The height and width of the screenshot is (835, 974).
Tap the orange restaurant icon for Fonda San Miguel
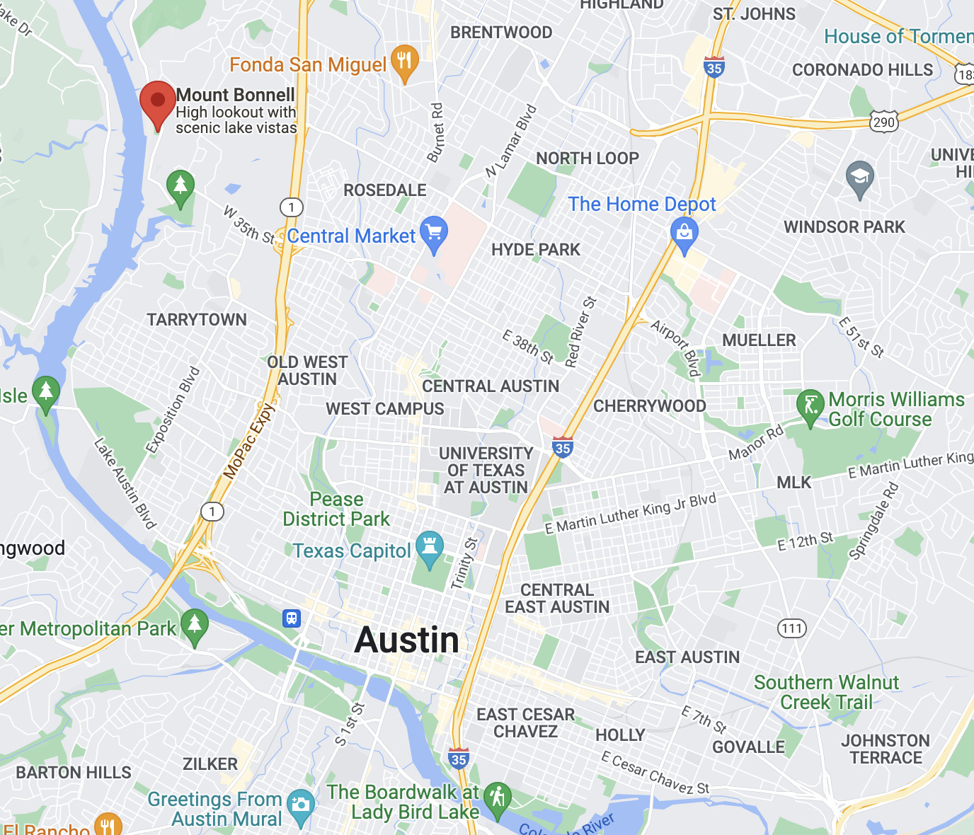point(404,62)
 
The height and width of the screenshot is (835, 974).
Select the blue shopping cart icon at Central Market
point(433,232)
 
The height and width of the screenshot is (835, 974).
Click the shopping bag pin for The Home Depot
point(684,233)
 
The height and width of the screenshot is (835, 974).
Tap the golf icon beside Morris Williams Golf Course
point(810,406)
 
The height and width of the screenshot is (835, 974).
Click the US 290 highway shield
point(883,122)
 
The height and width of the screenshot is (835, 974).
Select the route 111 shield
point(792,628)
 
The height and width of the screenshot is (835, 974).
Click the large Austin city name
point(407,640)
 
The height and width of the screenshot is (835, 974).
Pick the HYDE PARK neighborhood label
point(536,250)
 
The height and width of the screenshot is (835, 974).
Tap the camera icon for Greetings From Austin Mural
point(301,805)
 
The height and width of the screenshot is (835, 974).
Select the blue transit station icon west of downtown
point(292,618)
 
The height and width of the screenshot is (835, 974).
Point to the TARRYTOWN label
point(197,320)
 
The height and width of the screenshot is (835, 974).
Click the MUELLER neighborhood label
point(759,340)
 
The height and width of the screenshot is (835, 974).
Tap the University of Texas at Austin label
point(486,470)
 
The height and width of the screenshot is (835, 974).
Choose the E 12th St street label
point(806,541)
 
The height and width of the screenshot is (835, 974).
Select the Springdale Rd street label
point(873,522)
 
